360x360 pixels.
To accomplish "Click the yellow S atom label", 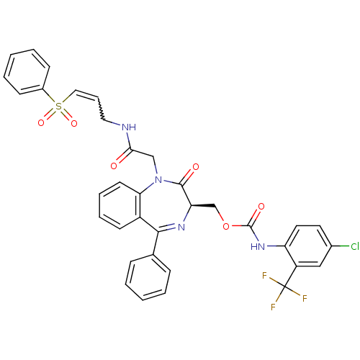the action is coord(58,106).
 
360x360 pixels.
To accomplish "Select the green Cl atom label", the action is coord(355,246).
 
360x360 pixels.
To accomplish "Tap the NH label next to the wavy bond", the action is coord(129,127).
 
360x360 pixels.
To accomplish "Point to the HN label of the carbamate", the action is coord(258,246).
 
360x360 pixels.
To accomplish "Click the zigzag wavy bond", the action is coord(101,108).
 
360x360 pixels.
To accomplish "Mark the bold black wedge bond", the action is coord(203,206).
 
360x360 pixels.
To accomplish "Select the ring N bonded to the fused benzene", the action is coord(158,180).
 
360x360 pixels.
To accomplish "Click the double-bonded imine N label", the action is coord(181,227).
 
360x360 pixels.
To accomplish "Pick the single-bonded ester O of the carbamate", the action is coord(226,226).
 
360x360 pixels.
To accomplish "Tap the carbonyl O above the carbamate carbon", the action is coord(261,206).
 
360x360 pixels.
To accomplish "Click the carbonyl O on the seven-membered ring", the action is coord(196,167).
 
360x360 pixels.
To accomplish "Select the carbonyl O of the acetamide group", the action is coord(114,166).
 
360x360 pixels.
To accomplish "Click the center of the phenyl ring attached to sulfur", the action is coord(27,72).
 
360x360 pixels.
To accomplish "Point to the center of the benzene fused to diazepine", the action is coord(120,205).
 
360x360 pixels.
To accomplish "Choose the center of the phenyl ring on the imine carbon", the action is coord(148,277).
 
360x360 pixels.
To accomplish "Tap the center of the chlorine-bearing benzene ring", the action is coord(308,246).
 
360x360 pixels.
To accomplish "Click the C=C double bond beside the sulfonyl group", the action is coord(87,94).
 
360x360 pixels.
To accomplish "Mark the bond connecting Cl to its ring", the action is coord(341,246).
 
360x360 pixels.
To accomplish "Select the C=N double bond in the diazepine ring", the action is coord(167,228).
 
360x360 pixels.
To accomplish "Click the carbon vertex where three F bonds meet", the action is coord(284,287).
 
